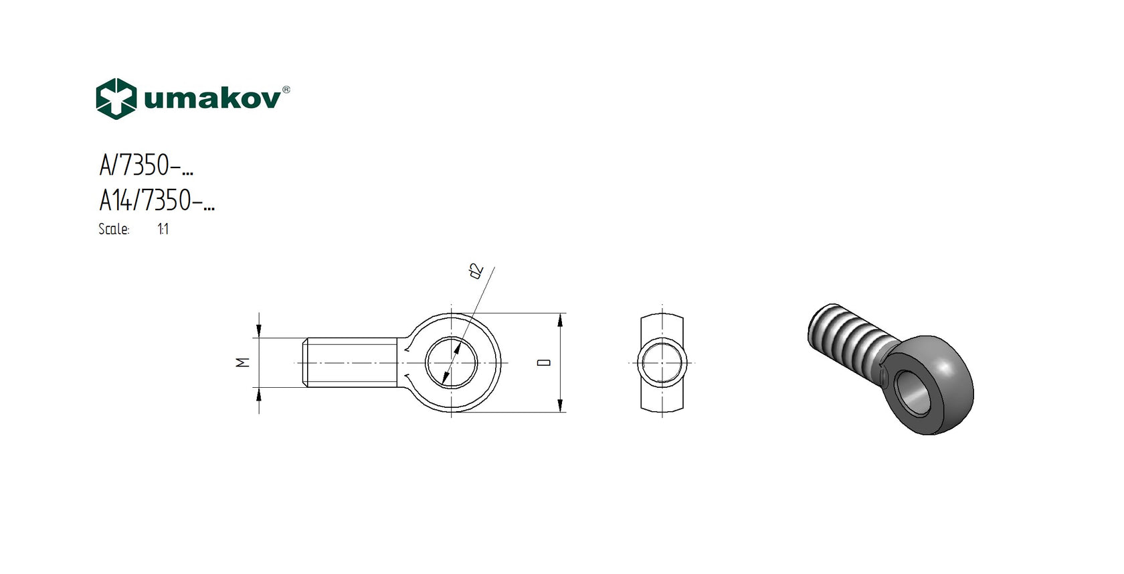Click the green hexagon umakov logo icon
116,99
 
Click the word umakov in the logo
212,99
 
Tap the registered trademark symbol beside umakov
286,90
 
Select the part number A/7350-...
147,165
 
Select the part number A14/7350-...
157,200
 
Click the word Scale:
114,229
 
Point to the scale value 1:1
163,229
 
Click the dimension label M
243,362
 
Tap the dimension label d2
476,271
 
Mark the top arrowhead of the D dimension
560,319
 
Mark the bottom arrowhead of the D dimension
560,406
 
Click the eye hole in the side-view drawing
451,362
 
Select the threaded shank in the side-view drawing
351,362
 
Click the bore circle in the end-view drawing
662,362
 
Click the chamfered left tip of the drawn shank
302,362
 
